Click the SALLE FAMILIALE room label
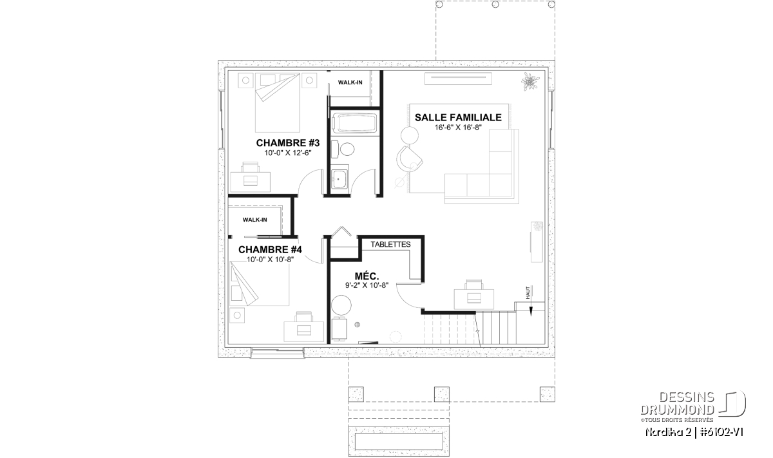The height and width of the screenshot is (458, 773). pyautogui.click(x=458, y=117)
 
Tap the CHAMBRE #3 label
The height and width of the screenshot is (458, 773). pyautogui.click(x=288, y=143)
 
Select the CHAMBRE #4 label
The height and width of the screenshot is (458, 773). pyautogui.click(x=270, y=249)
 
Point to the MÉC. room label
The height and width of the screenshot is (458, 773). pyautogui.click(x=367, y=276)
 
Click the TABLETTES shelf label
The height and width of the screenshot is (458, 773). pyautogui.click(x=390, y=244)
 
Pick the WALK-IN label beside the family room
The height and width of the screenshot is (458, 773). pyautogui.click(x=350, y=82)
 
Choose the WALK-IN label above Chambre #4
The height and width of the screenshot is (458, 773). pyautogui.click(x=254, y=220)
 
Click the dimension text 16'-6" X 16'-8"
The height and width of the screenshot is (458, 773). pyautogui.click(x=458, y=128)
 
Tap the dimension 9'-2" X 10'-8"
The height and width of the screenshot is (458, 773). pyautogui.click(x=367, y=285)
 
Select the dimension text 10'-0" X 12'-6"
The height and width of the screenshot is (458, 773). pyautogui.click(x=288, y=153)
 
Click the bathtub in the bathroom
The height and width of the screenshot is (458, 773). pyautogui.click(x=354, y=123)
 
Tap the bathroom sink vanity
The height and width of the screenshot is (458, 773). pyautogui.click(x=339, y=179)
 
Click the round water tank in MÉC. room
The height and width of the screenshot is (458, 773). pyautogui.click(x=341, y=305)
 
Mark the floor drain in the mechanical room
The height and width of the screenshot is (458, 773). pyautogui.click(x=358, y=325)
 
